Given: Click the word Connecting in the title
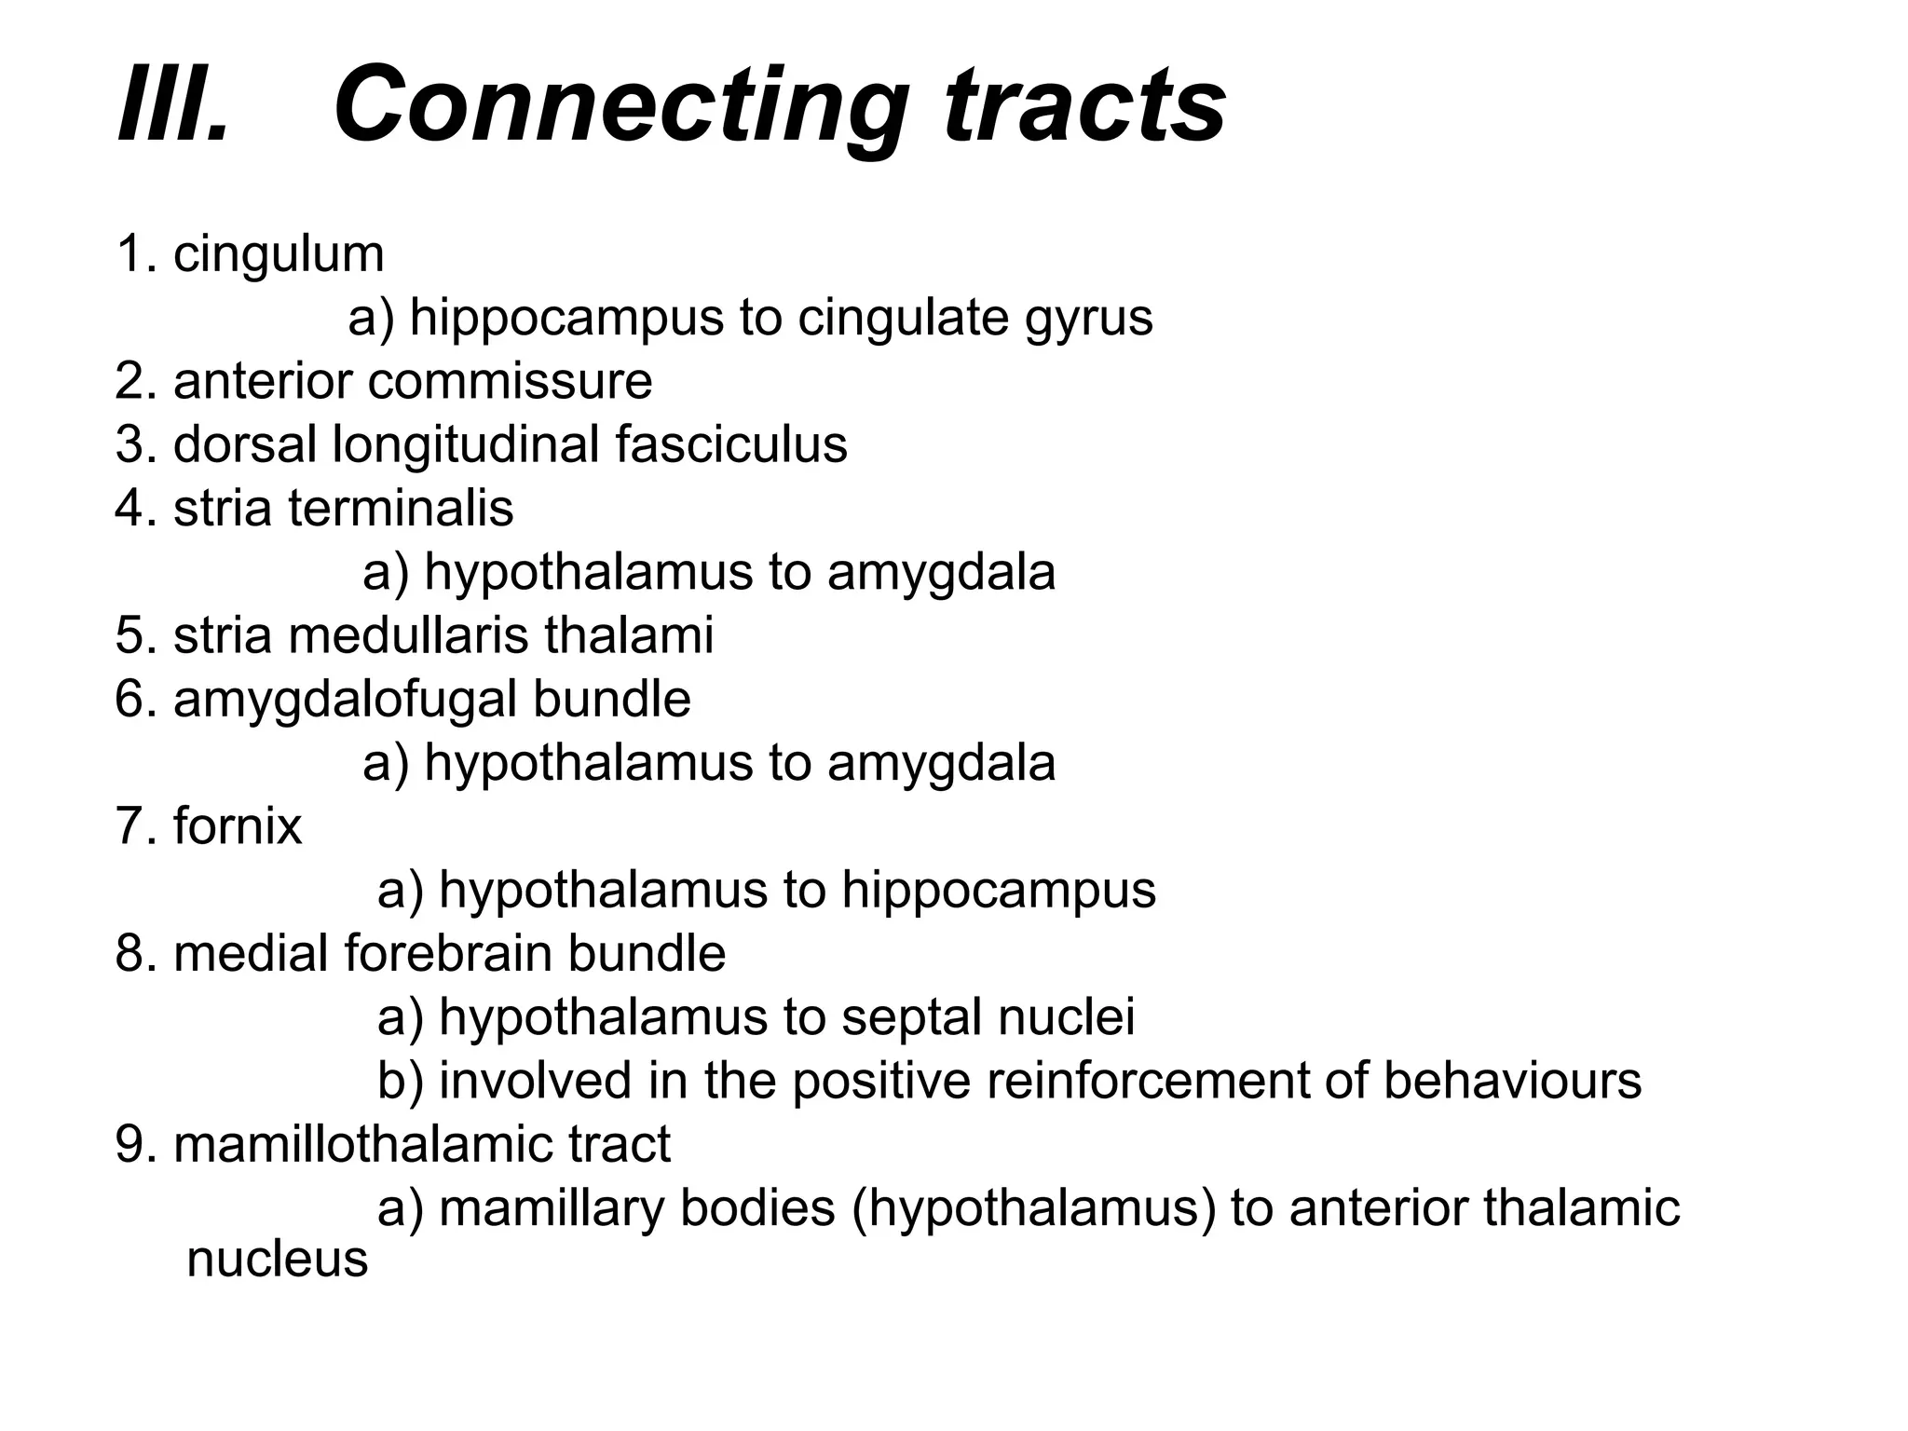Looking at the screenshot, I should coord(620,104).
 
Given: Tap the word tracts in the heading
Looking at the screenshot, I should coord(1084,104).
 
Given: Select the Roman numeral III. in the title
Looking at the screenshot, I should coord(173,104).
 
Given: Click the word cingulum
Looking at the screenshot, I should coord(279,254).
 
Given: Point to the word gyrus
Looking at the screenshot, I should coord(1089,318).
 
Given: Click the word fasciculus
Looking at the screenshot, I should coord(731,444).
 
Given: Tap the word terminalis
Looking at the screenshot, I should coord(401,509).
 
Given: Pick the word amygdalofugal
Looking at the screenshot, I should coord(345,700).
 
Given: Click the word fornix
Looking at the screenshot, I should coord(238,826).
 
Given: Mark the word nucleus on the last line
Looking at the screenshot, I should coord(278,1260).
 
